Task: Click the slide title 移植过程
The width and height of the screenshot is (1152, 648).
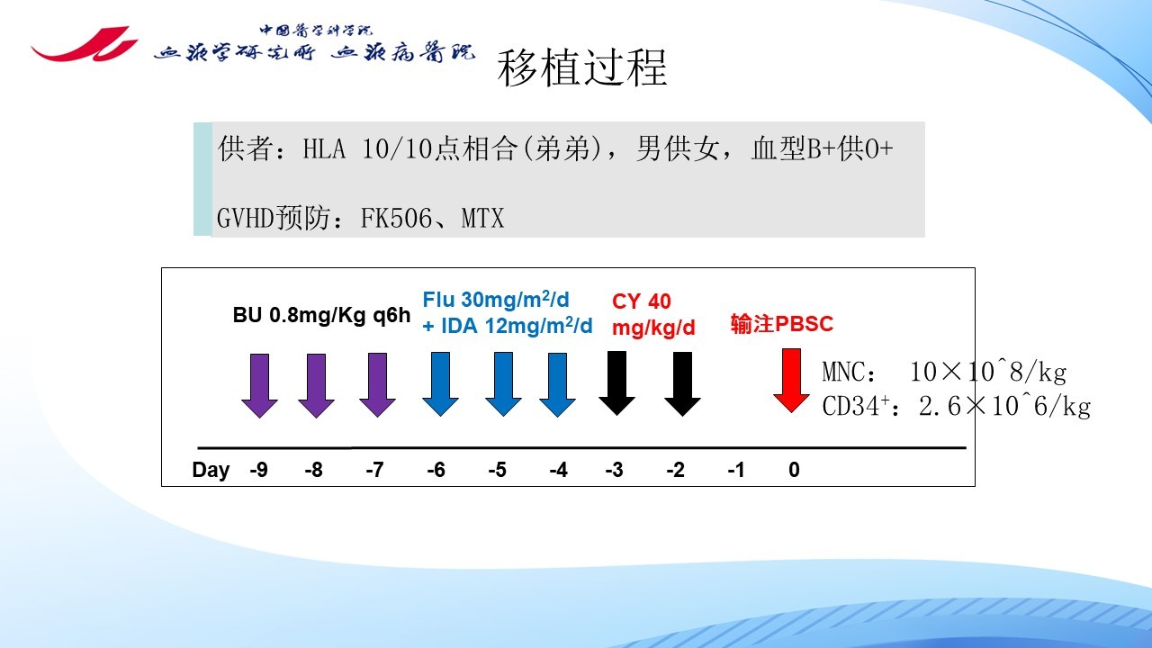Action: [x=582, y=67]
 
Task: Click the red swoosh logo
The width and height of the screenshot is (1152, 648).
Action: [x=84, y=44]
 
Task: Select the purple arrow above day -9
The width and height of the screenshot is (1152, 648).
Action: [x=260, y=386]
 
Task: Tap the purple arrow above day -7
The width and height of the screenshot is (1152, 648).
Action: [x=377, y=385]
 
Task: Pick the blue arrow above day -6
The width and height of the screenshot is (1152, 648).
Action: [x=440, y=384]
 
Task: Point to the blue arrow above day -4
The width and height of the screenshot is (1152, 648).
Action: [x=557, y=384]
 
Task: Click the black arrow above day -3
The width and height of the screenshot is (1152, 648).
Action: [x=617, y=383]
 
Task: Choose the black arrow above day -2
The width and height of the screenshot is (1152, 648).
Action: [x=682, y=383]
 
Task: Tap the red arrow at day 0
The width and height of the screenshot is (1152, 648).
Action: [x=791, y=381]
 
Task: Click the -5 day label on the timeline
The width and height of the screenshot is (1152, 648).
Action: [x=498, y=470]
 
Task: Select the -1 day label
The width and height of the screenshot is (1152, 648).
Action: [x=736, y=470]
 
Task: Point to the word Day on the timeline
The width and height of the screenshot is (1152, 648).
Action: [x=211, y=470]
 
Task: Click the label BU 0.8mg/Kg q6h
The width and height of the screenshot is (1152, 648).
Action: [x=321, y=315]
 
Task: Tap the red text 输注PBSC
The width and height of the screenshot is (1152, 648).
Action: [x=782, y=324]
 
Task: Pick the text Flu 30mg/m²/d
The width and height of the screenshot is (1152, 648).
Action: [x=496, y=300]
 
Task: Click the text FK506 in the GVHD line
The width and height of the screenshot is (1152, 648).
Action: [x=396, y=218]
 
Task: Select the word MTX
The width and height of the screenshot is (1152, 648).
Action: [x=482, y=218]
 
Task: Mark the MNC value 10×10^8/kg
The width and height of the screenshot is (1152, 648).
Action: [x=988, y=372]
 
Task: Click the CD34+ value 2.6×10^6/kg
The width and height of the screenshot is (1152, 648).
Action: [x=1004, y=406]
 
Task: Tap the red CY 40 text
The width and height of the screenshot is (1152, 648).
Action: [x=642, y=301]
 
